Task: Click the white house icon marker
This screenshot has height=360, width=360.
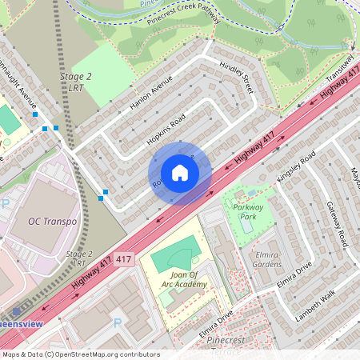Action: [x=180, y=173]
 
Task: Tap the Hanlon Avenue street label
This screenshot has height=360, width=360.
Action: [x=151, y=94]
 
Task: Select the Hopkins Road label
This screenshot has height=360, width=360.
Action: [x=166, y=127]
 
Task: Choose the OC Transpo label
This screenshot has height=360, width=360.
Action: [x=52, y=221]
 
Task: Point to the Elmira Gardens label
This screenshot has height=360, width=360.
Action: [x=267, y=258]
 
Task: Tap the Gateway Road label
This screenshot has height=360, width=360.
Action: [x=340, y=223]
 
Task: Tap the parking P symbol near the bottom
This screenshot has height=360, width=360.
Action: [x=118, y=323]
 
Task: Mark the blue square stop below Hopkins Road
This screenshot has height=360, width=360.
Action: [x=105, y=191]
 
